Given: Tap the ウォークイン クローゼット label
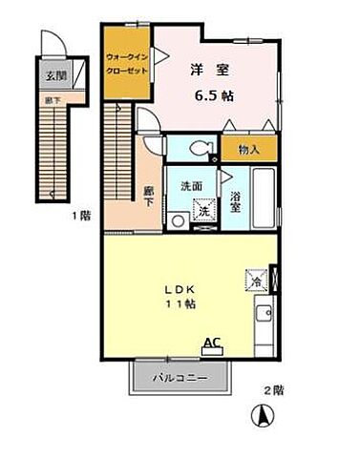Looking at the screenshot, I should pyautogui.click(x=126, y=64).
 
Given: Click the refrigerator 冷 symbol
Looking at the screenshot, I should pyautogui.click(x=255, y=280).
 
